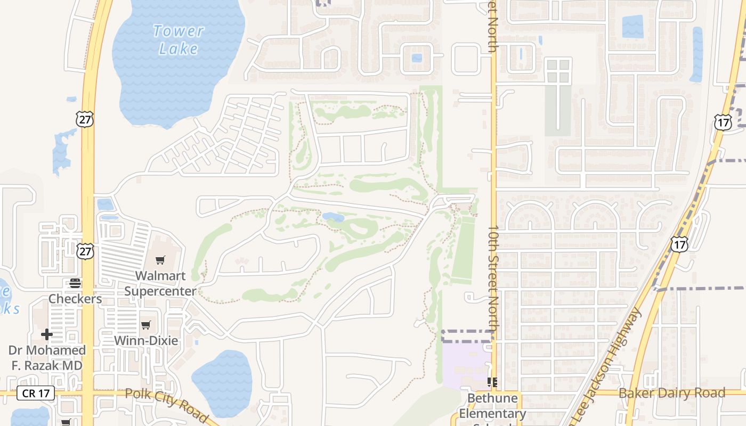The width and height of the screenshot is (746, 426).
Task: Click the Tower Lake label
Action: (178, 40)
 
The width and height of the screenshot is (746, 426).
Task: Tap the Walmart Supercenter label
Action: (160, 283)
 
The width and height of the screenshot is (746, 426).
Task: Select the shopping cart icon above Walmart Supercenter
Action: (160, 260)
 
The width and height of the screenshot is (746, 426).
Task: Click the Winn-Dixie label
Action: (147, 341)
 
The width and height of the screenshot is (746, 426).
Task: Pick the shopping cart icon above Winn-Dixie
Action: (146, 325)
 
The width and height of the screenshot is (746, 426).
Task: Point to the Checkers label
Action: (75, 299)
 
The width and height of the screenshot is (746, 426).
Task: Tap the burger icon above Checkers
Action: (75, 283)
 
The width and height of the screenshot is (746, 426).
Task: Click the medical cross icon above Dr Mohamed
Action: (47, 334)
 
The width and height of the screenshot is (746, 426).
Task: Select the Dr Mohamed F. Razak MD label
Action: (47, 358)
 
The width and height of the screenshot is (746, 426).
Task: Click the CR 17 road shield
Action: (36, 394)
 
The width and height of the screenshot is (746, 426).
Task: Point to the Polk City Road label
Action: (166, 405)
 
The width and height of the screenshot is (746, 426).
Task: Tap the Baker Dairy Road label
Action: (671, 394)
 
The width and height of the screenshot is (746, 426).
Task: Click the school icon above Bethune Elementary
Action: (492, 382)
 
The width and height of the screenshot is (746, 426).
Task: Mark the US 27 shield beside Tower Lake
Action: (84, 119)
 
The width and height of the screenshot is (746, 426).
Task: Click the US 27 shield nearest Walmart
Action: (85, 251)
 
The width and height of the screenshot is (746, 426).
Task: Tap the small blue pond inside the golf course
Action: (333, 217)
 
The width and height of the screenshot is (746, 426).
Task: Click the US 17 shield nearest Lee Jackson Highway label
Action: (679, 244)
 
